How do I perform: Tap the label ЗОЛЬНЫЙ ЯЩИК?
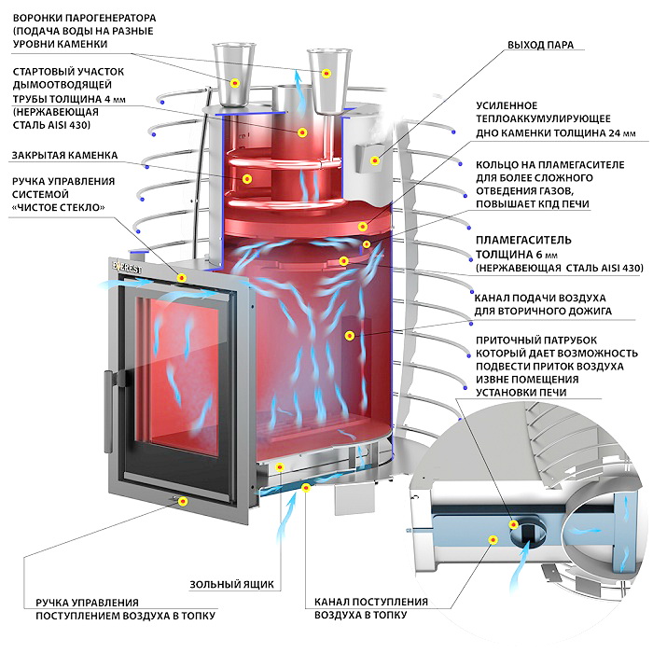(231, 585)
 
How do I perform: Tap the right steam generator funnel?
(327, 69)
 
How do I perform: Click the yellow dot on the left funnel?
(235, 84)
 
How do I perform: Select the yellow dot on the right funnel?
(326, 72)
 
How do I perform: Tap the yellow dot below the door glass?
(183, 501)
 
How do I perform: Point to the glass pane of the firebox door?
(177, 373)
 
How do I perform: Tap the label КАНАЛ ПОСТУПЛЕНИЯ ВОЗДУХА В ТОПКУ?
(371, 608)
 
